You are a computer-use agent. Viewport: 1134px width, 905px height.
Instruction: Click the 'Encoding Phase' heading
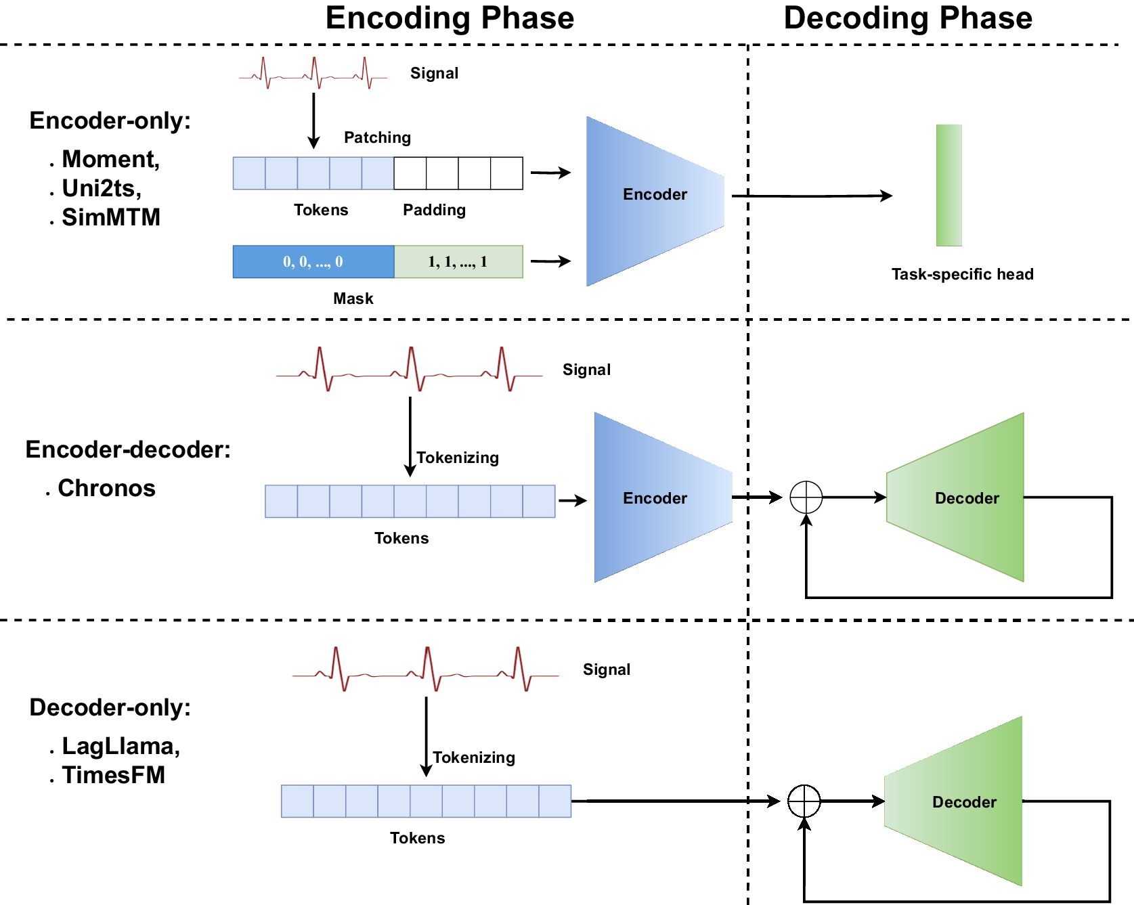coord(450,18)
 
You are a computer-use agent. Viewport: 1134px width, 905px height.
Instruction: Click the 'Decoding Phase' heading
coord(908,18)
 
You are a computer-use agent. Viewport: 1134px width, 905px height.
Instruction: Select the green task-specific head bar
coord(948,185)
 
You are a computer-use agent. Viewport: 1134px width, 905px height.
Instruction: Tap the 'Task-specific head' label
coord(962,274)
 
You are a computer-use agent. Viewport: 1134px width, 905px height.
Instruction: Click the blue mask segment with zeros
coord(313,262)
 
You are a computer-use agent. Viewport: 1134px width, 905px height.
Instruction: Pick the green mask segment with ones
coord(458,262)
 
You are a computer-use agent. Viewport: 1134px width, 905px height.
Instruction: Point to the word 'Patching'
coord(377,137)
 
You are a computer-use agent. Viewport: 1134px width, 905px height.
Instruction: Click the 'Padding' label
coord(434,210)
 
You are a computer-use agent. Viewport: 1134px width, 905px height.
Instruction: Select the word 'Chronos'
coord(106,488)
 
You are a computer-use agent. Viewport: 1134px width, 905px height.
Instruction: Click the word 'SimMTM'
coord(111,217)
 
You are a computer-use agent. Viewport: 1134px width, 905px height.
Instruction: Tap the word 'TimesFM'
coord(114,775)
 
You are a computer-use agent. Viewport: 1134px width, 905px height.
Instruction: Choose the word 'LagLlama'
coord(120,746)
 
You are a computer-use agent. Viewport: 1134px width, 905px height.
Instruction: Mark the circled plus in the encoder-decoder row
coord(806,498)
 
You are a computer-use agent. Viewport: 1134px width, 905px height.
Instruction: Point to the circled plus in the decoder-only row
coord(804,801)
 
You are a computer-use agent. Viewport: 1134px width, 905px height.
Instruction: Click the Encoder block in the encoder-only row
coord(654,195)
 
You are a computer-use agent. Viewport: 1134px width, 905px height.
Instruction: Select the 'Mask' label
coord(353,299)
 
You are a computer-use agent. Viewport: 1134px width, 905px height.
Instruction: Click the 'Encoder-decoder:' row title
coord(128,449)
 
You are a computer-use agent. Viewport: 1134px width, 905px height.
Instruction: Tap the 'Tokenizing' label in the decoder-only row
coord(474,757)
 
